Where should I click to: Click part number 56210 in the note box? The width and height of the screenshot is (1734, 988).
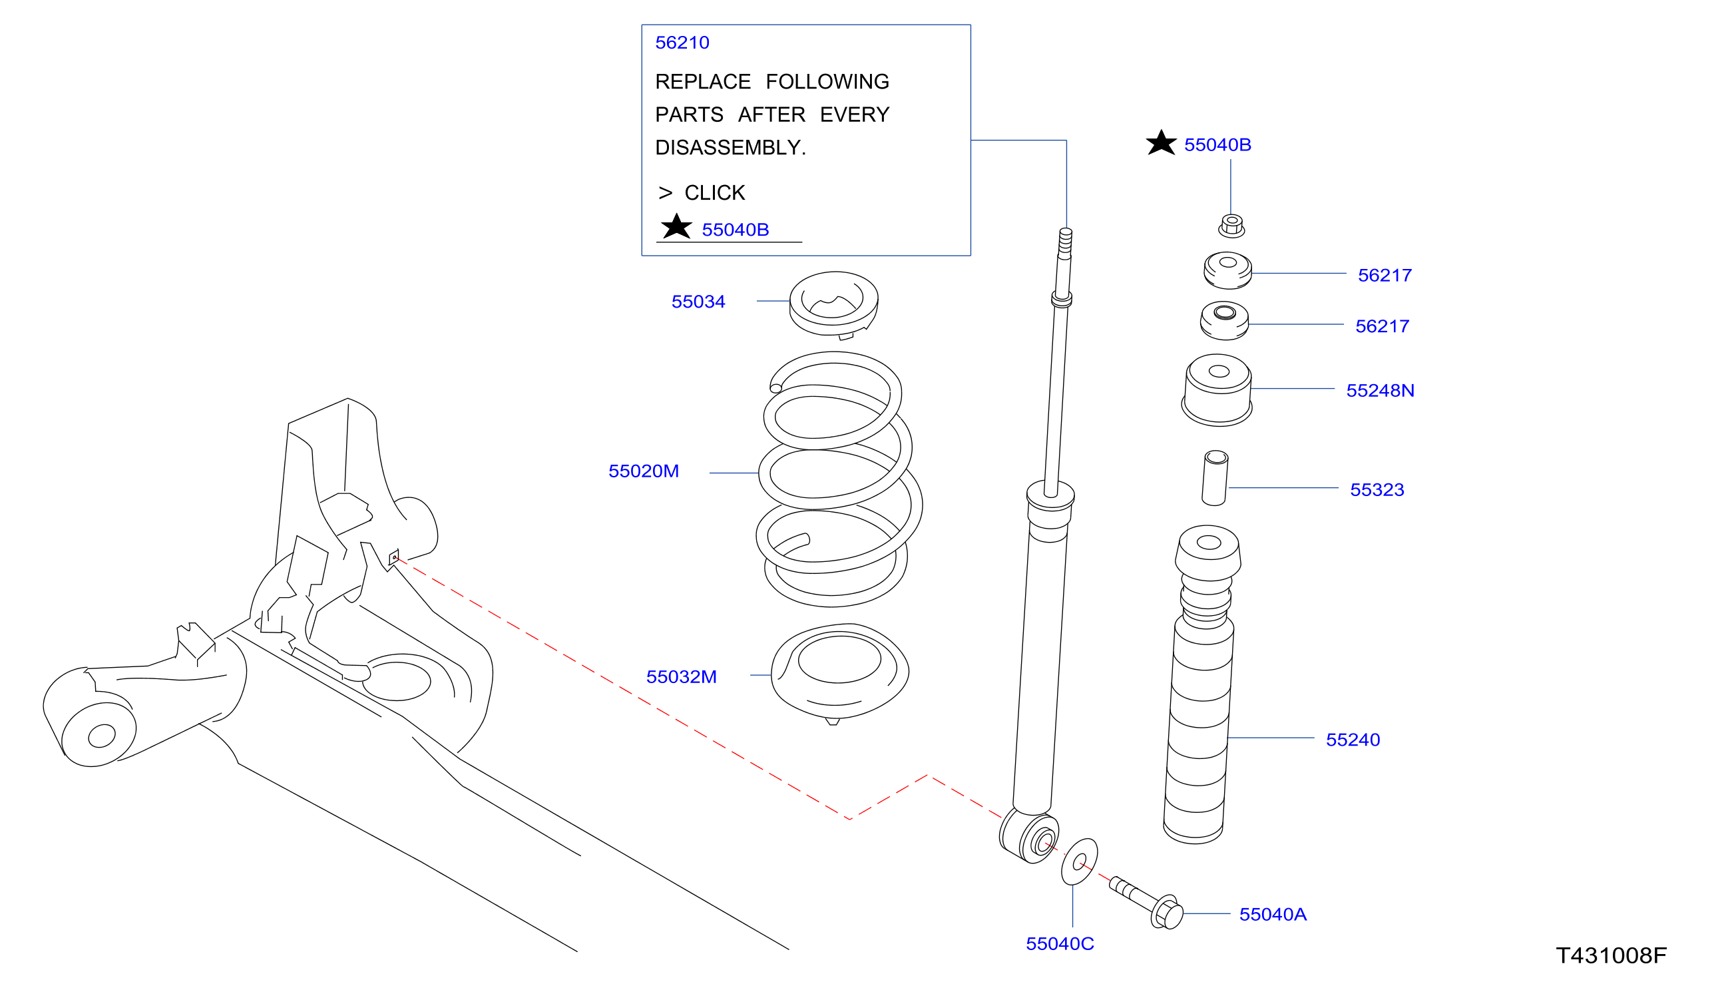coord(682,43)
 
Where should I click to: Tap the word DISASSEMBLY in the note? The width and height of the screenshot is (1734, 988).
coord(728,147)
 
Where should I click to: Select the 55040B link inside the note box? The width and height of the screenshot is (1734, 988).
coord(735,230)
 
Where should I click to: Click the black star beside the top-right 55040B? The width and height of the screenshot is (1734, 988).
coord(1161,143)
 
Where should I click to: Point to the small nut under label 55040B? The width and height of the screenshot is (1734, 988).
coord(1231,225)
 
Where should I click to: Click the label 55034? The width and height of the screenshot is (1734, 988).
coord(698,302)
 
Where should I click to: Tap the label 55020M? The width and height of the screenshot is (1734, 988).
coord(643,471)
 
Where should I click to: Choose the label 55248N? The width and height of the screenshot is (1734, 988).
coord(1380,391)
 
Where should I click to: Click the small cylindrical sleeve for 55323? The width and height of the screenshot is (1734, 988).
coord(1214,478)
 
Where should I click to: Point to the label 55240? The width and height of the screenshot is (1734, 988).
coord(1353,740)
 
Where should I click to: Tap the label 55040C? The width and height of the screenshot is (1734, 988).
coord(1060,944)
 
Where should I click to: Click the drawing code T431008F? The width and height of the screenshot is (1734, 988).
coord(1612,955)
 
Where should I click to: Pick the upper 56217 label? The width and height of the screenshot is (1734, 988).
coord(1385,276)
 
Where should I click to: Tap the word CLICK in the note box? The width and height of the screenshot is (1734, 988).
coord(714,192)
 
